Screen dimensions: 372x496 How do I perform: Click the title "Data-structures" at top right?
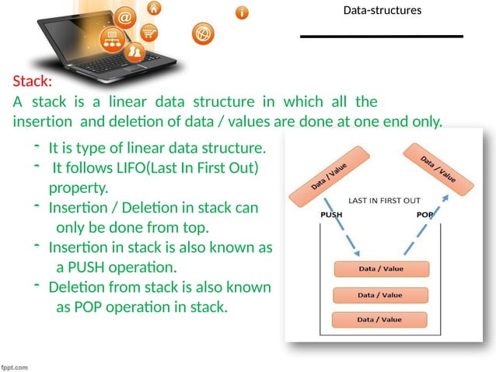tap(382, 11)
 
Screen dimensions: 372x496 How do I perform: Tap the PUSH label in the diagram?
tap(331, 215)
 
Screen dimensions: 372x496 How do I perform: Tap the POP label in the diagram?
tap(424, 215)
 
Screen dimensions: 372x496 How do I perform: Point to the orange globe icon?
tap(202, 33)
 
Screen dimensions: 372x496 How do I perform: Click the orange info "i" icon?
tap(243, 13)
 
